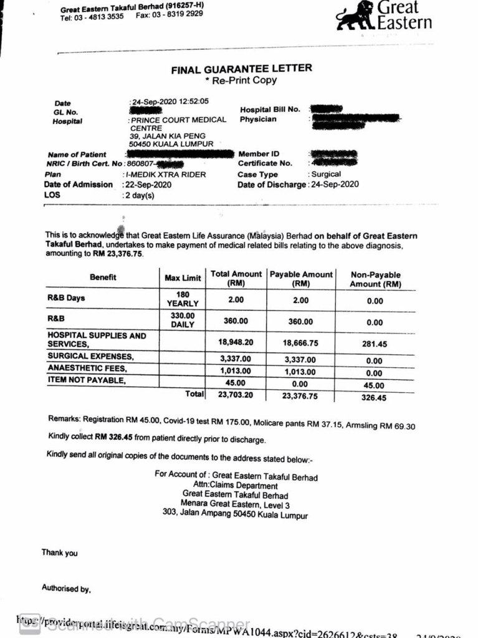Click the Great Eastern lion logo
click(x=356, y=16)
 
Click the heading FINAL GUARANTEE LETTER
click(x=241, y=69)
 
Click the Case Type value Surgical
click(x=326, y=174)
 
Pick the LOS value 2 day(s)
click(x=140, y=195)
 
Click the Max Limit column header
click(x=183, y=278)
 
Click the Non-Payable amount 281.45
click(x=375, y=344)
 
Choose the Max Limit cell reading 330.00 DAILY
click(x=183, y=321)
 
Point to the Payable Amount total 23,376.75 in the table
click(x=300, y=396)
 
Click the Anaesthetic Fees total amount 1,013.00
click(x=236, y=372)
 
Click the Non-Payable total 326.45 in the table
click(x=374, y=397)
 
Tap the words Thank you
click(x=60, y=553)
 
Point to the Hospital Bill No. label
click(x=270, y=110)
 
